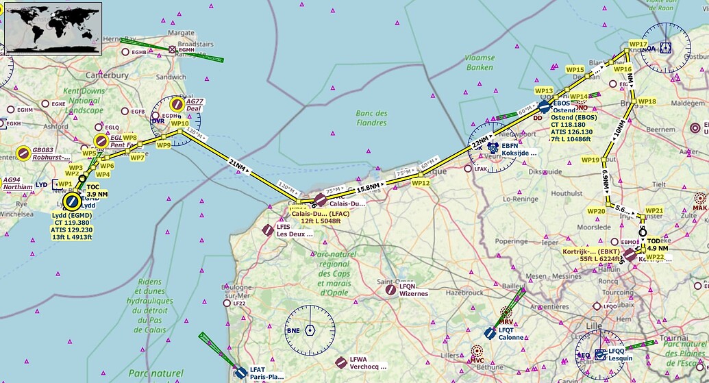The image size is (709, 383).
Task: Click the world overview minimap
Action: point(53,27)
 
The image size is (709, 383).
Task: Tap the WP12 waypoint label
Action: point(421,183)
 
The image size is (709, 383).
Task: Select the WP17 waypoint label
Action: point(638,44)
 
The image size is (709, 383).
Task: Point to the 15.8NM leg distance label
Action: point(369,187)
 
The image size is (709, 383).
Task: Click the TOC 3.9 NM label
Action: point(97,190)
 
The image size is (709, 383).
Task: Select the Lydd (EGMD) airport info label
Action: point(71,225)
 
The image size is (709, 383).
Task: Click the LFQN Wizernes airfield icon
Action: point(390,290)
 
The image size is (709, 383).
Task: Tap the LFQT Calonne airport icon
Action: point(490,333)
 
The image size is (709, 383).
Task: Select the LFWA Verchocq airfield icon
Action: point(340,362)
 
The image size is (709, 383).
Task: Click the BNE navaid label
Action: point(293,330)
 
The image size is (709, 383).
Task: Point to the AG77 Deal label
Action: point(195,105)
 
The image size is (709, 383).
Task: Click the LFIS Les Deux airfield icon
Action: point(267,230)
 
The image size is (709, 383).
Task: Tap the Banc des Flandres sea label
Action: point(372,118)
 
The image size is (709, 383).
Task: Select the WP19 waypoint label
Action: point(590,160)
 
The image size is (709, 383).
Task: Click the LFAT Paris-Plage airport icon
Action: point(240,373)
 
